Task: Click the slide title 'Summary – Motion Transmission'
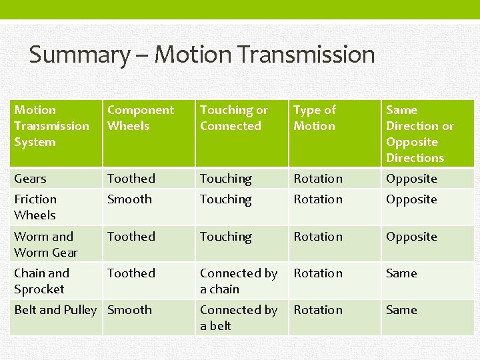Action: point(201,55)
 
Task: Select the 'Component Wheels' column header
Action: point(140,118)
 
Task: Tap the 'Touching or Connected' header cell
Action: point(233,118)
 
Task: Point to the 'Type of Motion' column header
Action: point(315,118)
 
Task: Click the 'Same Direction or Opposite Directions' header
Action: point(419,134)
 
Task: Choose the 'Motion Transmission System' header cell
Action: point(51,126)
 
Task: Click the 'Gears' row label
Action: point(31,179)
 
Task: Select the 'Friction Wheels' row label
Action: point(35,207)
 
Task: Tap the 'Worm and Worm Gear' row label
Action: point(45,245)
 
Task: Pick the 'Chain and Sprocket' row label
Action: point(41,281)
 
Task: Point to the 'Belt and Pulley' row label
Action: point(55,310)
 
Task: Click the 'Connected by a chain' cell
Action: point(238,281)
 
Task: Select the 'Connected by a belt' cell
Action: point(238,318)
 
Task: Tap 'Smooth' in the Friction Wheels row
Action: point(129,199)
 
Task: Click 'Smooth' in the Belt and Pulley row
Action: point(129,310)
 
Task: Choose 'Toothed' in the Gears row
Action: point(131,179)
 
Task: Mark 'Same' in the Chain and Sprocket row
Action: point(401,273)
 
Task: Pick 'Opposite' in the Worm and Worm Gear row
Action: point(411,237)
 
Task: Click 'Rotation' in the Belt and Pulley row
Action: point(318,310)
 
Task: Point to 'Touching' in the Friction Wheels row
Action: point(226,199)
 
